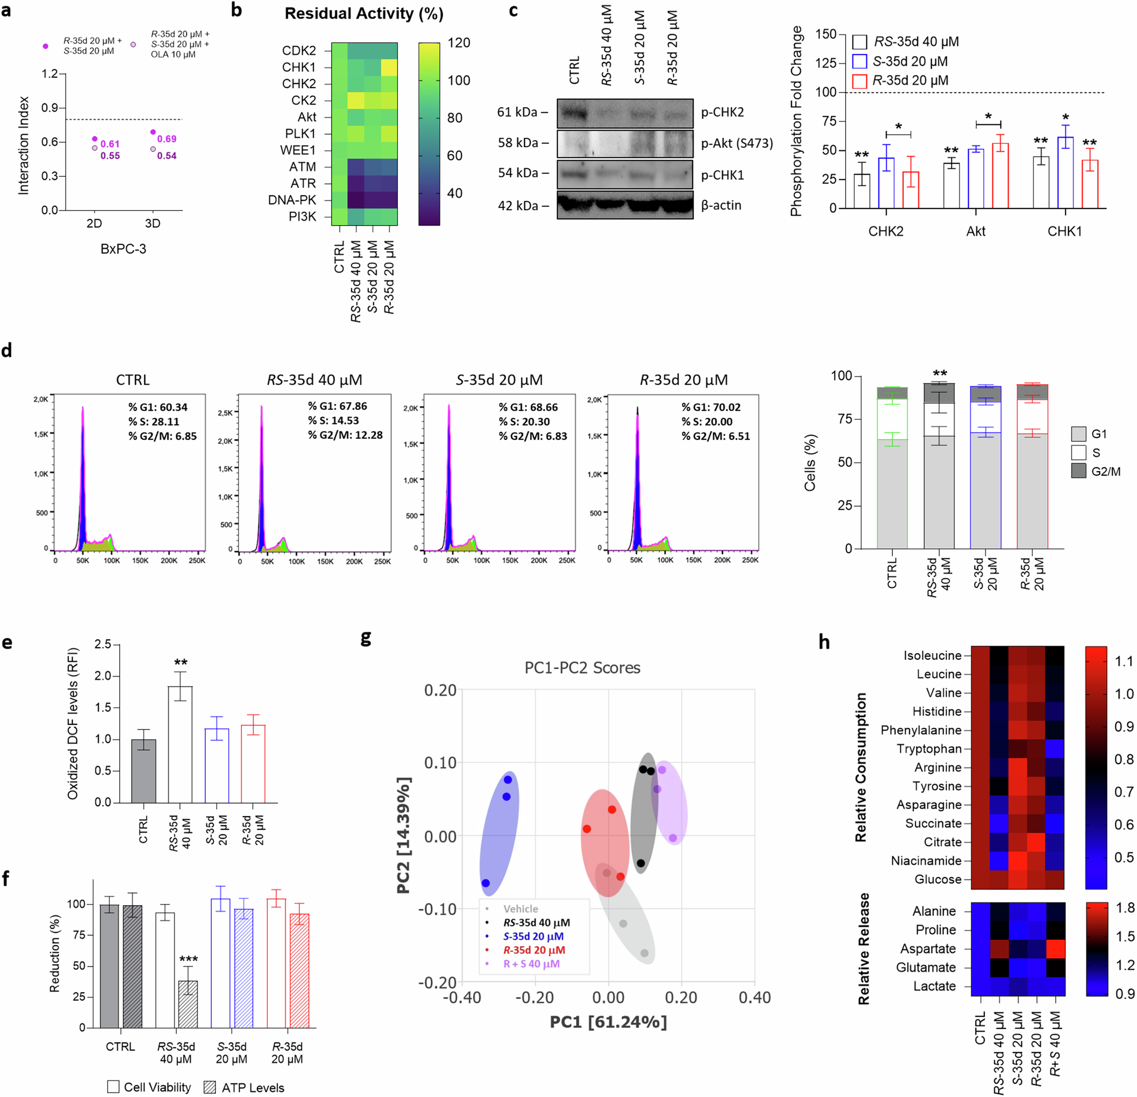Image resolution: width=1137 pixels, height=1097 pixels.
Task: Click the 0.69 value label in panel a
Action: [x=166, y=139]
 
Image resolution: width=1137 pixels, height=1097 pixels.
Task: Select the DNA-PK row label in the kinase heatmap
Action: [x=292, y=200]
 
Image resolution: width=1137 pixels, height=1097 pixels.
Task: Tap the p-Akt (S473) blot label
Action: [x=737, y=143]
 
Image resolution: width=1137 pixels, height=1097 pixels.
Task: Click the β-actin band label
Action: [x=721, y=206]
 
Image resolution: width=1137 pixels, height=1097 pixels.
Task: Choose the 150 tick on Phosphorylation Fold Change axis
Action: [x=826, y=34]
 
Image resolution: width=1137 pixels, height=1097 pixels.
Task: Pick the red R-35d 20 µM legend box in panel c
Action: [x=859, y=81]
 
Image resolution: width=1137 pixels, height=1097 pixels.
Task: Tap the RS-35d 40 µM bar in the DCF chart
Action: [x=180, y=744]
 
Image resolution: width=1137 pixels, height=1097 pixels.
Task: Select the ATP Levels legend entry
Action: [x=244, y=1088]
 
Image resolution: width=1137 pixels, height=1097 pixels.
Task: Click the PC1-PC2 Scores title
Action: [x=582, y=668]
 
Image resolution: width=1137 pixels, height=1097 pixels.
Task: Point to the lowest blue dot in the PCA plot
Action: [x=485, y=883]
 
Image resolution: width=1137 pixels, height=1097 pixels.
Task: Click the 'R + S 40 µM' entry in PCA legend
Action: [x=531, y=963]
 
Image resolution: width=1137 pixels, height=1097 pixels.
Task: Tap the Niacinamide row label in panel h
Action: [x=926, y=861]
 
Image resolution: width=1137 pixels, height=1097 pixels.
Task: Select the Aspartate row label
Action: [x=927, y=948]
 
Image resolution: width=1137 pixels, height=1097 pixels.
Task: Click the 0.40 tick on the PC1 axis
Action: [x=754, y=998]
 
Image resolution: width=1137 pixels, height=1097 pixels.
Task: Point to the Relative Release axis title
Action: [x=864, y=948]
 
